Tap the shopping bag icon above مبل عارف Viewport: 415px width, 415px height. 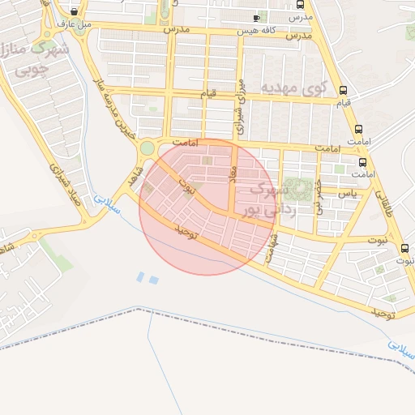pos(75,12)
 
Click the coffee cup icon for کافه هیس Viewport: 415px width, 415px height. pos(257,18)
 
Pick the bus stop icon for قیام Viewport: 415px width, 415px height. pos(344,91)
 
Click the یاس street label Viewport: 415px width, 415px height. pos(349,193)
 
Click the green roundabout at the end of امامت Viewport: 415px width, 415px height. pos(147,148)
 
